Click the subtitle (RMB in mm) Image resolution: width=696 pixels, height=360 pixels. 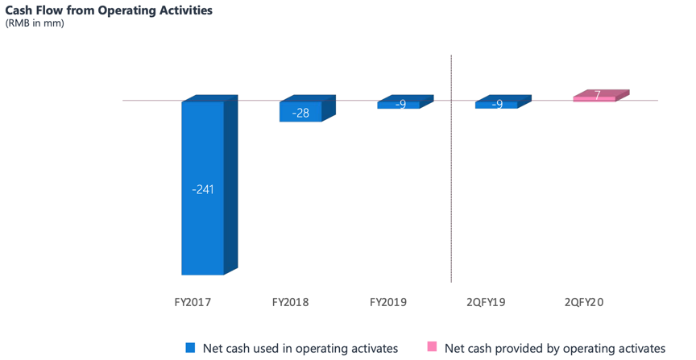(x=35, y=23)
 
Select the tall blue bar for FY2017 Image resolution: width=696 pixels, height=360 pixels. (x=203, y=209)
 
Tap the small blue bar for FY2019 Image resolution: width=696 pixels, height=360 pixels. (x=399, y=105)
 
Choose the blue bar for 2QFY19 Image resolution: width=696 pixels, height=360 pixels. (x=496, y=105)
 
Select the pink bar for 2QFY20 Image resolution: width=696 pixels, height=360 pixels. (x=594, y=98)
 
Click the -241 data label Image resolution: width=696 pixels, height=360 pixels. (x=203, y=190)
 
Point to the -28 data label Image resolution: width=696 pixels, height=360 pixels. (x=300, y=113)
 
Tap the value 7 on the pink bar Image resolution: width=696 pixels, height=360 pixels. (x=597, y=96)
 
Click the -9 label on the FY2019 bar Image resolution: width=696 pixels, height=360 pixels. (x=400, y=105)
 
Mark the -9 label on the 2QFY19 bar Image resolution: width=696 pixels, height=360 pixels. (x=497, y=105)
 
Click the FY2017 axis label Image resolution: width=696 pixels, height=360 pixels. (x=193, y=303)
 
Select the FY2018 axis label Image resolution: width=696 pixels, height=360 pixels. (x=290, y=303)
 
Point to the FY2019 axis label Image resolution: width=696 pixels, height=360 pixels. (x=388, y=303)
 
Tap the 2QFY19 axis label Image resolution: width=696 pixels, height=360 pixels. (x=486, y=303)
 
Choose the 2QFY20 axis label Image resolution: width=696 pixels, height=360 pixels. (x=584, y=303)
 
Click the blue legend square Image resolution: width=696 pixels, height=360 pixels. (x=191, y=348)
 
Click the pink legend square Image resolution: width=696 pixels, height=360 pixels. (x=432, y=347)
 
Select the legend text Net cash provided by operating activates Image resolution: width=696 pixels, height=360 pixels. (x=555, y=348)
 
